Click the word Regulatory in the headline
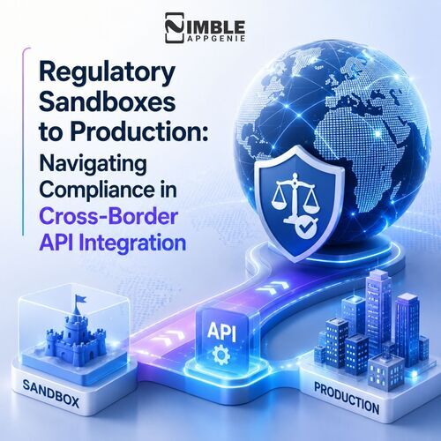108,73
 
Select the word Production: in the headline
139,131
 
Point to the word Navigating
93,165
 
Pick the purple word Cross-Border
108,217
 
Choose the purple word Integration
133,243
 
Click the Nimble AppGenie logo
205,28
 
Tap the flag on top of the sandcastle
80,301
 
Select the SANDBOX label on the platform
50,393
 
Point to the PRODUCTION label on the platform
347,398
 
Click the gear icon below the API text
221,355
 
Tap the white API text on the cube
221,332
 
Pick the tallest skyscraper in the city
379,311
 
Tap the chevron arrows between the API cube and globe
273,288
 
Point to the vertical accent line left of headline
23,141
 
